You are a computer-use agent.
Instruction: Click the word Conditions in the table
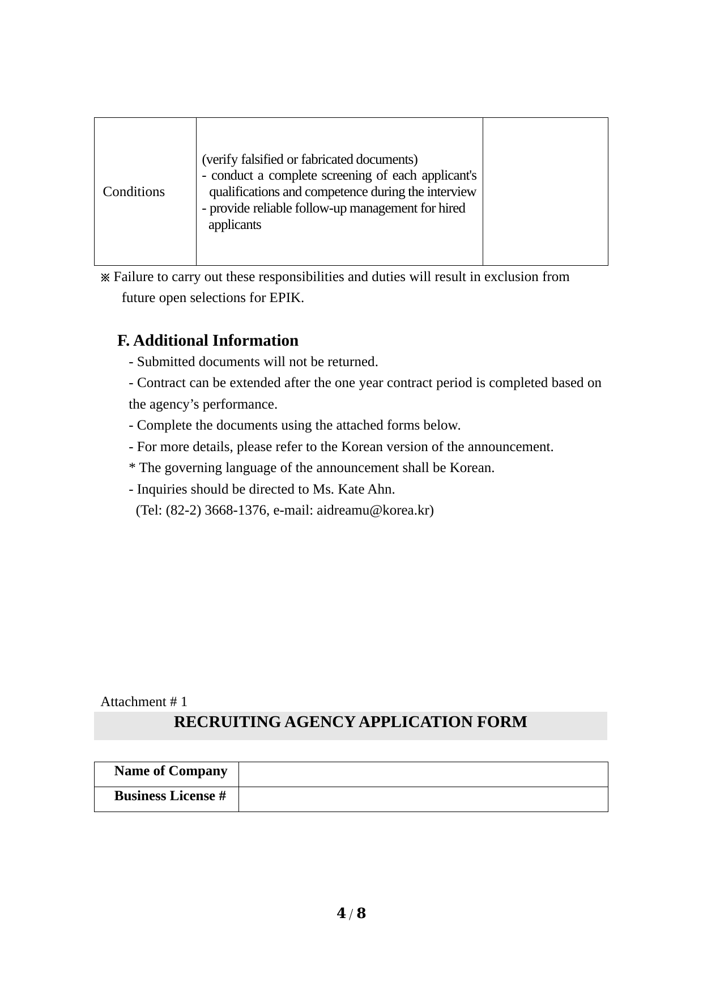134,192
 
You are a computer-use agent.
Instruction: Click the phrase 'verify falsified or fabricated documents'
310,159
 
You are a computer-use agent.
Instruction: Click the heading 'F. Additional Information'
208,341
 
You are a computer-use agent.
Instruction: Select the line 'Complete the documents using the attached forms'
295,425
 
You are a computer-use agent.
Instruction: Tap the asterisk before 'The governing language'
132,468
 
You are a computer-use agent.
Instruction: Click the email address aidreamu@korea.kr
374,510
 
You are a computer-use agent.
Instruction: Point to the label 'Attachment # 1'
144,702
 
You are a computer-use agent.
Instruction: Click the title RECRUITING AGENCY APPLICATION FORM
350,722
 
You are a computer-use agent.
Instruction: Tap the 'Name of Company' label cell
171,771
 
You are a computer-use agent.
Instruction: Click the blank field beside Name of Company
423,774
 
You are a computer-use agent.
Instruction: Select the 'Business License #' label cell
170,796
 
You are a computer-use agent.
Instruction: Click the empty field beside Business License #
423,799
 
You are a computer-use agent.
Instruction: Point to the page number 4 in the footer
341,914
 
